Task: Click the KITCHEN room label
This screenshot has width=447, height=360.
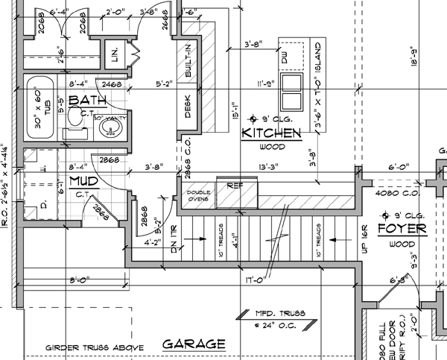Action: pyautogui.click(x=271, y=133)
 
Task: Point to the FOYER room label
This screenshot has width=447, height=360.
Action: pyautogui.click(x=402, y=228)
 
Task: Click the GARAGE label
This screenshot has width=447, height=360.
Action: pyautogui.click(x=194, y=344)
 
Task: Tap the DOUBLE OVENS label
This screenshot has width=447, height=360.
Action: pyautogui.click(x=198, y=198)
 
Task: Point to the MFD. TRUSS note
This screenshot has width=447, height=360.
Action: pyautogui.click(x=270, y=314)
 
